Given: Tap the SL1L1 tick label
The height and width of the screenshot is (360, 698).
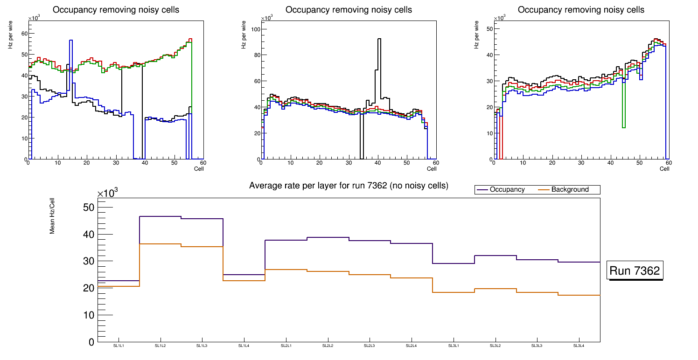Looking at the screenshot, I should point(119,346).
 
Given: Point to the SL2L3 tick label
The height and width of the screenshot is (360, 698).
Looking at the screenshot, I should point(370,346).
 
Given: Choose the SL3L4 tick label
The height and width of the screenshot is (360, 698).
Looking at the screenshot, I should point(579,346).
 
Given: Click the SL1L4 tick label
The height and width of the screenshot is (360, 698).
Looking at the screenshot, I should point(244,346).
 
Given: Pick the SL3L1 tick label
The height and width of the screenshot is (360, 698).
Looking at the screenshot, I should point(454,346).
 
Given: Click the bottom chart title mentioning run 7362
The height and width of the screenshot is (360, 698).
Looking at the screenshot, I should point(349,186).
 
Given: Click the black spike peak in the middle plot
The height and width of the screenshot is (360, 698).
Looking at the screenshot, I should point(379,39).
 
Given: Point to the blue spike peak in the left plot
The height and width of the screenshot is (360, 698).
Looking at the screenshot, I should point(70,41).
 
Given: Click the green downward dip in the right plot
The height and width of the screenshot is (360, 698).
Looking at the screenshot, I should point(624,127).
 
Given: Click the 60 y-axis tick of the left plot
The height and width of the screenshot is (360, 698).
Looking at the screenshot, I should point(23,33).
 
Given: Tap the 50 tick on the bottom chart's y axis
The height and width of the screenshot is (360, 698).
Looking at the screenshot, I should point(88,208).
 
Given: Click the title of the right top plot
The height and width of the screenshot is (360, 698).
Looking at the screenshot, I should point(581,10).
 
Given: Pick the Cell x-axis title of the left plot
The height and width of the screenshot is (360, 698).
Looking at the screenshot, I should point(199,168).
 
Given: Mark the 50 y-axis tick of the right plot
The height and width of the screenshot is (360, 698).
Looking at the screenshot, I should point(489,29).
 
